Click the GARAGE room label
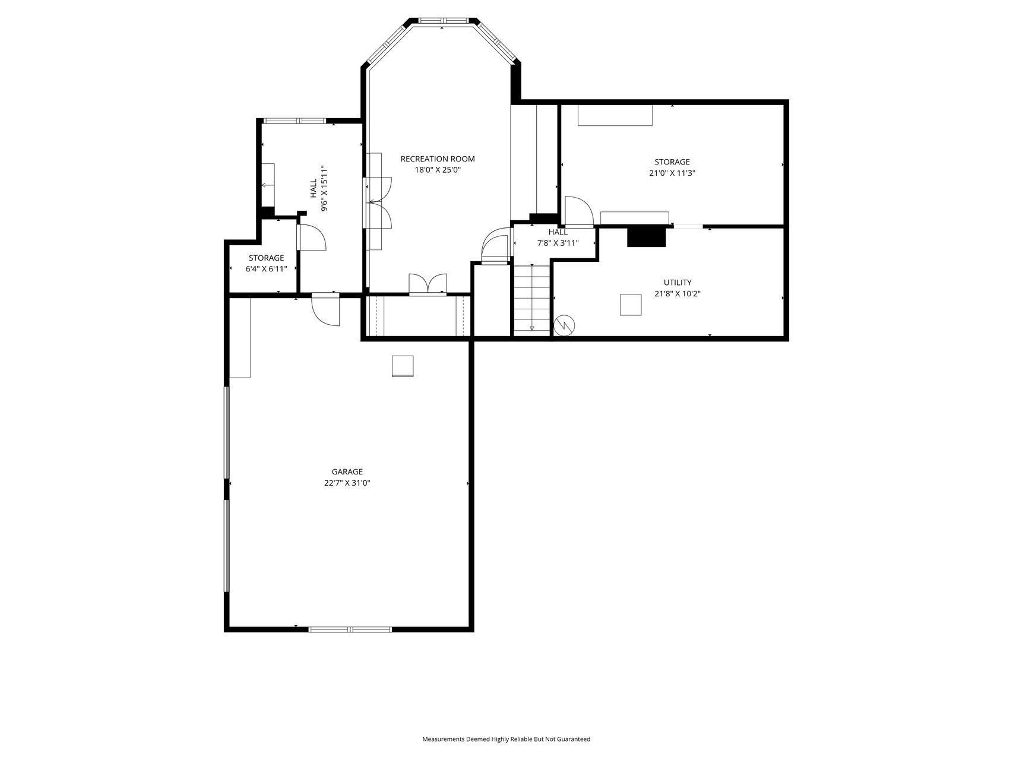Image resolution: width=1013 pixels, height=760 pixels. pyautogui.click(x=347, y=472)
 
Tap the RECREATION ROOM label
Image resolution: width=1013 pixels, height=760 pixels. pyautogui.click(x=438, y=159)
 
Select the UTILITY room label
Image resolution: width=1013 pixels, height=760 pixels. pyautogui.click(x=678, y=283)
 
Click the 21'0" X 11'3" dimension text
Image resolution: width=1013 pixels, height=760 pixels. pyautogui.click(x=672, y=173)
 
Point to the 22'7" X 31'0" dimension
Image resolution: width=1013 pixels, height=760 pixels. pyautogui.click(x=347, y=483)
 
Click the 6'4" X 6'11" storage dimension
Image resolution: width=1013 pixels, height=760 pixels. pyautogui.click(x=267, y=269)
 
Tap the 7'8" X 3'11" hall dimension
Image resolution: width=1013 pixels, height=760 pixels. pyautogui.click(x=558, y=243)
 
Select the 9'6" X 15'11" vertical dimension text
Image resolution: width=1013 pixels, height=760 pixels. pyautogui.click(x=325, y=188)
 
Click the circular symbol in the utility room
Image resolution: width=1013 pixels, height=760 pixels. pyautogui.click(x=565, y=325)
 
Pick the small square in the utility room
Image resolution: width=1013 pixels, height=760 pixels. pyautogui.click(x=631, y=305)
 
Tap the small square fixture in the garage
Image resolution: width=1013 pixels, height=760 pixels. pyautogui.click(x=403, y=366)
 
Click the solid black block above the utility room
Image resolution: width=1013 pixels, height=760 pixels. pyautogui.click(x=647, y=237)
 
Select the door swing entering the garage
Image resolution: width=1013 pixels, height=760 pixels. pyautogui.click(x=325, y=309)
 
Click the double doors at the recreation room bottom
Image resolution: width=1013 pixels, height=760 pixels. pyautogui.click(x=428, y=284)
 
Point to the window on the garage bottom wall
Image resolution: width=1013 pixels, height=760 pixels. pyautogui.click(x=350, y=629)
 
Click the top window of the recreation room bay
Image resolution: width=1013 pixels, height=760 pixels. pyautogui.click(x=442, y=21)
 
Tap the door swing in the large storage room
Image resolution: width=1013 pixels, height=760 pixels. pyautogui.click(x=578, y=211)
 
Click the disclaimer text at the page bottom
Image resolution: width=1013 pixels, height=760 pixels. pyautogui.click(x=506, y=739)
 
